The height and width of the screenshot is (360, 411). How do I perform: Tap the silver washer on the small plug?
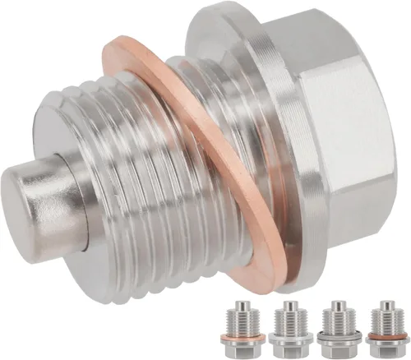click(x=291, y=338)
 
